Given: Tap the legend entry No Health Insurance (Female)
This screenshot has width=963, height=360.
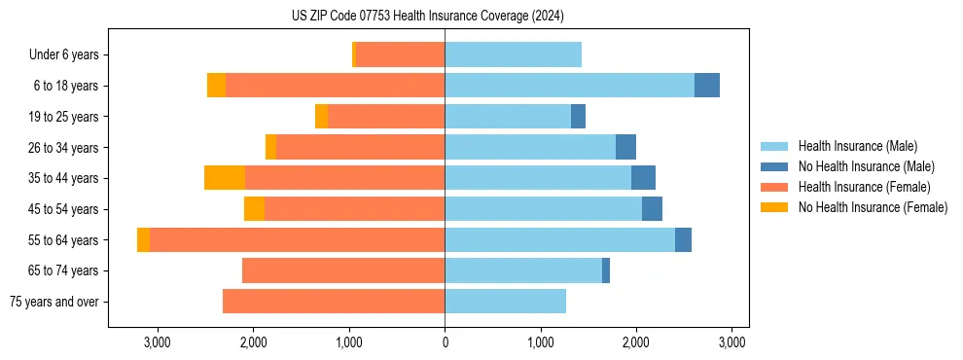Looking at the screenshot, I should coord(873,207).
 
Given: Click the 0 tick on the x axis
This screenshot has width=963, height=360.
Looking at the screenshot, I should coord(445,342).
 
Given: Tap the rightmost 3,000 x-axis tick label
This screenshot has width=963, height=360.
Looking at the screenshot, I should coord(731,342).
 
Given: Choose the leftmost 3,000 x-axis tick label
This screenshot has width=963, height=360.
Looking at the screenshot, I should coord(158,342).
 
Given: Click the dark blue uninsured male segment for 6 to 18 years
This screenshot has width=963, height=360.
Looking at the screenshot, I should coord(707,86).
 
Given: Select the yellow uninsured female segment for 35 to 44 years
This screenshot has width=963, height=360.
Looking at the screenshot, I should coord(225,178).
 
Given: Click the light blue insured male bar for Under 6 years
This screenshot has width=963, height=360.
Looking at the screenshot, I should coord(513,55).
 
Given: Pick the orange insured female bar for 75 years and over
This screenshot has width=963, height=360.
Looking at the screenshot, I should coord(334,302).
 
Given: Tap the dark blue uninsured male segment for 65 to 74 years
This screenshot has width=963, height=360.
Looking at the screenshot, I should coord(606,270).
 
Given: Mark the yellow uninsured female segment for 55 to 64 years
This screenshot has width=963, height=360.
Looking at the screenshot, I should coord(144,240).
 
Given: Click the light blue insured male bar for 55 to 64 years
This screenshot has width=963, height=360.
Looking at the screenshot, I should coord(559,240).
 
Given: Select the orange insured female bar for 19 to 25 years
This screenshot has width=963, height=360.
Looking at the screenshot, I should coord(386,117).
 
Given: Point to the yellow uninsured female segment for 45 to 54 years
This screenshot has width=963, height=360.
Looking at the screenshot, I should coord(254,209).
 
